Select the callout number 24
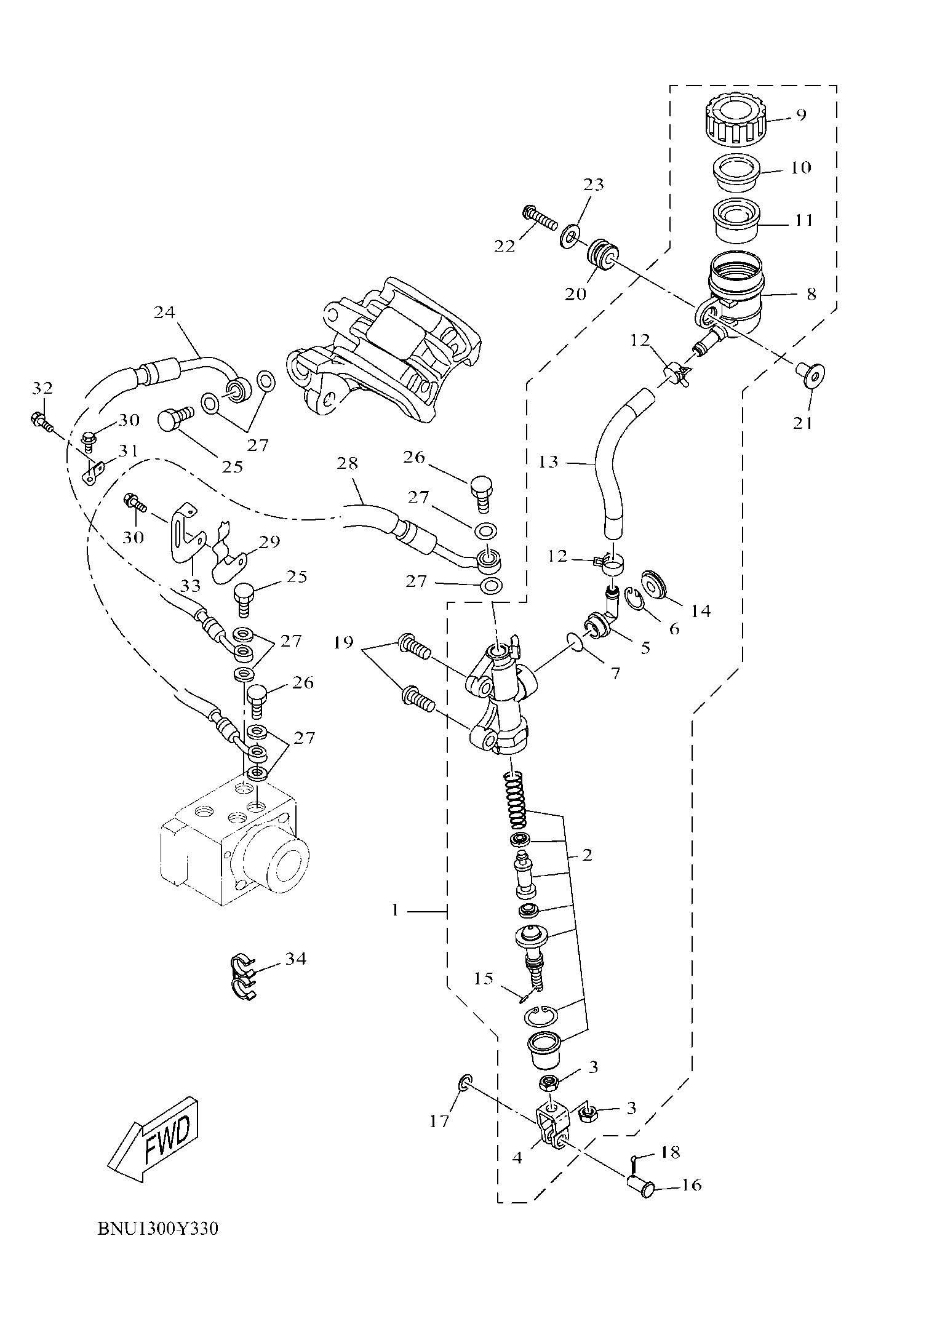click(164, 313)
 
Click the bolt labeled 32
click(41, 421)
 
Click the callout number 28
click(347, 463)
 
